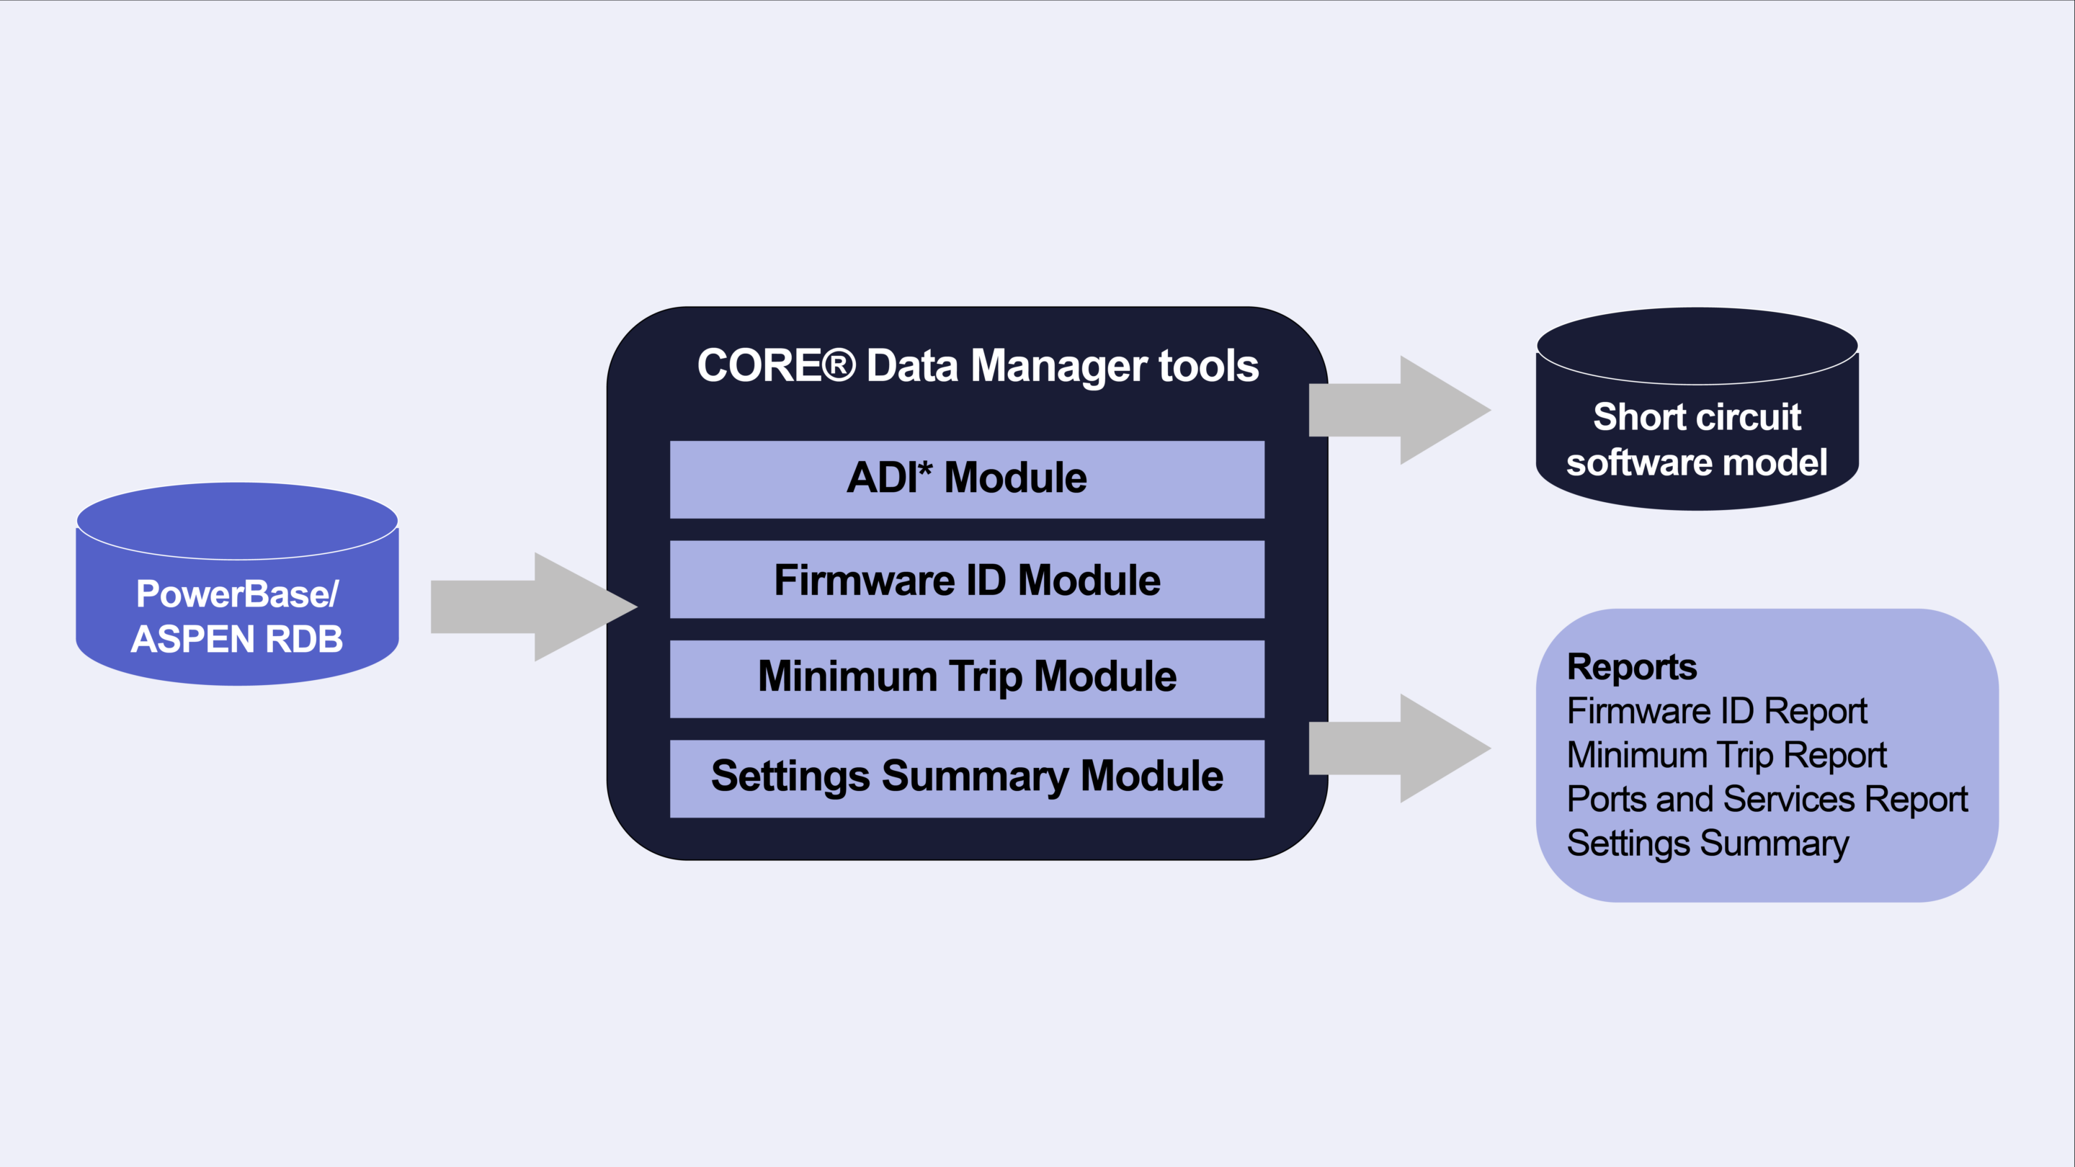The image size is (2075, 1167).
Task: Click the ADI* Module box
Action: pos(967,478)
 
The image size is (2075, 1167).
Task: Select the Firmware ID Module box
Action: pos(967,579)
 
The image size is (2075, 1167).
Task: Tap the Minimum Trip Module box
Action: pos(967,678)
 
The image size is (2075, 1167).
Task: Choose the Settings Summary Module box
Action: pos(967,778)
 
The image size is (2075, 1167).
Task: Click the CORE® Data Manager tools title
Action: pos(977,366)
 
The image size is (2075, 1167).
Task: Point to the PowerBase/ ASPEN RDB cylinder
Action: pos(237,596)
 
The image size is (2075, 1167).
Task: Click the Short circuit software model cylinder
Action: pos(1697,419)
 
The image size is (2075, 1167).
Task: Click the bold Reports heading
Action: pos(1631,667)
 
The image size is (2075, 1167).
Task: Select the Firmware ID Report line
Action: pos(1716,711)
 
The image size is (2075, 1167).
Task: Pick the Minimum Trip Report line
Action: pos(1726,756)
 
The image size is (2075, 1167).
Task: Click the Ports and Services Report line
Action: pos(1767,800)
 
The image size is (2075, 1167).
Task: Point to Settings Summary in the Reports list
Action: pos(1707,844)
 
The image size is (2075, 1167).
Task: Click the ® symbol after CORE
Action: pos(839,366)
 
